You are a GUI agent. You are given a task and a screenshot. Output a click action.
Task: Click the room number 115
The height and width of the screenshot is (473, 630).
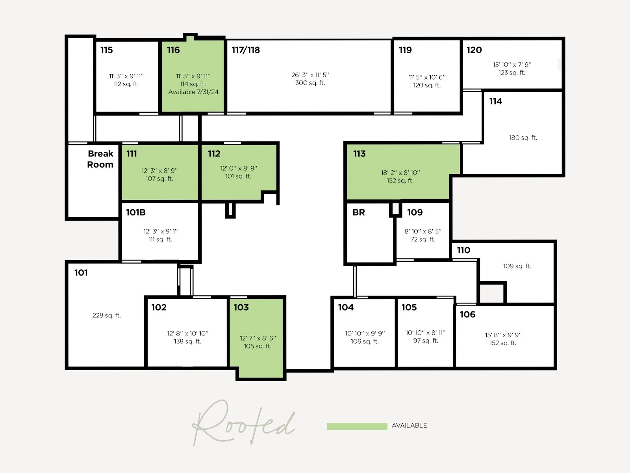click(106, 50)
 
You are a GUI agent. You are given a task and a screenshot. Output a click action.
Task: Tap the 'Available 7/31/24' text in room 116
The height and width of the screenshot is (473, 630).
click(193, 92)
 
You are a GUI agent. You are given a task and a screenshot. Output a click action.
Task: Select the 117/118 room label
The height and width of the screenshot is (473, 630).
click(246, 50)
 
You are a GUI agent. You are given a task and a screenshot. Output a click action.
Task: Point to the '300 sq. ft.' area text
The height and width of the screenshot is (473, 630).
click(310, 83)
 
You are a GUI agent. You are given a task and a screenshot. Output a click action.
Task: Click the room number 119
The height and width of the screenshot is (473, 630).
click(405, 50)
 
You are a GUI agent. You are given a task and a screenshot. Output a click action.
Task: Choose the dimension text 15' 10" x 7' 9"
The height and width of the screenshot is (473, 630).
click(512, 65)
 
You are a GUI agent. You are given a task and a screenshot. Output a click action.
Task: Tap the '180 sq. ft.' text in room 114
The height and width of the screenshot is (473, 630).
click(523, 138)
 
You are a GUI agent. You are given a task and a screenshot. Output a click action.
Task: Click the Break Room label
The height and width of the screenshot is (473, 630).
click(100, 159)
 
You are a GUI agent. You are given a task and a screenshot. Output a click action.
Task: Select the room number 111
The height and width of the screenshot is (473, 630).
click(132, 154)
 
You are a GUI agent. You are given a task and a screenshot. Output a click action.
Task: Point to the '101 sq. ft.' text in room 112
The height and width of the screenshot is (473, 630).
click(238, 176)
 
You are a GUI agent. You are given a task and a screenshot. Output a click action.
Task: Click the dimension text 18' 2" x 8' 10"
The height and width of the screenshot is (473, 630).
click(400, 173)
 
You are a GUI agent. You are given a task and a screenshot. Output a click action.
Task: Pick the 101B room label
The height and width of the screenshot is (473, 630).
click(136, 212)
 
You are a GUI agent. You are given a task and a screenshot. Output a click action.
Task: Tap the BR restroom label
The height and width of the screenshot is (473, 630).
click(359, 212)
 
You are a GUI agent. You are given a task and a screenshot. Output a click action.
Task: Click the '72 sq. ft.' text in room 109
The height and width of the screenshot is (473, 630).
click(423, 239)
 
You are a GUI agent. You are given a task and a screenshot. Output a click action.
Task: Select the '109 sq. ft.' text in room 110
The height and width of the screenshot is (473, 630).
click(517, 266)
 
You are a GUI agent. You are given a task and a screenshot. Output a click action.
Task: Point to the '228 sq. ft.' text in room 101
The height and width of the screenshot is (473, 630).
click(107, 315)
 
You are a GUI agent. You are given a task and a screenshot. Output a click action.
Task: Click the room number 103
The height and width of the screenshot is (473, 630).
click(241, 307)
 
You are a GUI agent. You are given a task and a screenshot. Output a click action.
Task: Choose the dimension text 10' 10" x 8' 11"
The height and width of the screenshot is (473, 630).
click(426, 333)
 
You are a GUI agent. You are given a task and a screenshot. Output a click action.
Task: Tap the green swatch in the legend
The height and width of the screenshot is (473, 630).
click(357, 426)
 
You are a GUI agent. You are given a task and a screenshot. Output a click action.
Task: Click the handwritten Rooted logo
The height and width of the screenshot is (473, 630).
click(244, 424)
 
